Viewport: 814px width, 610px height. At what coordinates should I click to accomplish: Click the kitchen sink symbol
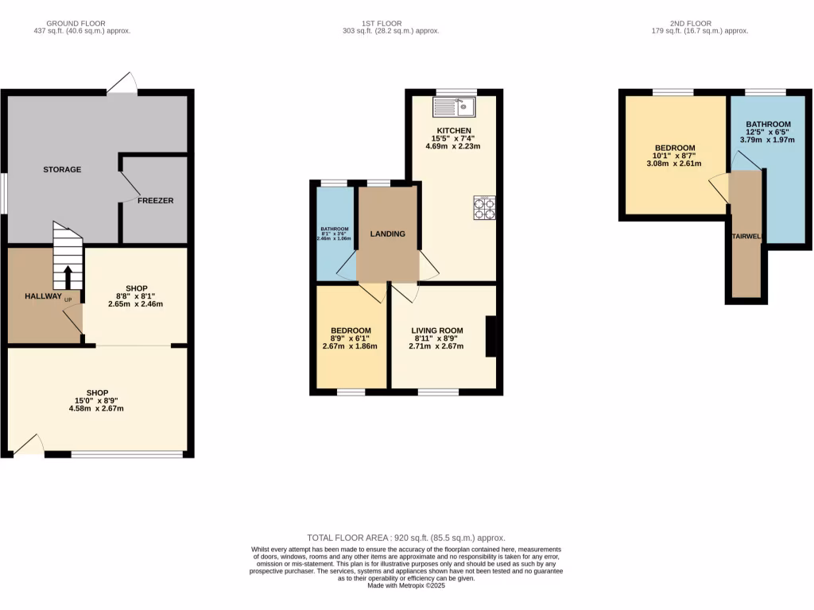(454, 106)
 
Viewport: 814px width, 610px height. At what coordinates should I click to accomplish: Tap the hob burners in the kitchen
(484, 207)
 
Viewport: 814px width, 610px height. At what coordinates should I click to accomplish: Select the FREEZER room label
(155, 200)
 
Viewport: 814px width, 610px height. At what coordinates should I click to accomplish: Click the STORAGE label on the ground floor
(62, 169)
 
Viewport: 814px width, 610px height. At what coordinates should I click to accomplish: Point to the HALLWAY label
(42, 296)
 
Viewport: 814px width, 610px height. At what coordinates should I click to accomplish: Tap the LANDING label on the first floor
(388, 234)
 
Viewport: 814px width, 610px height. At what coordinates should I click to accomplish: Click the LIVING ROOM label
(436, 330)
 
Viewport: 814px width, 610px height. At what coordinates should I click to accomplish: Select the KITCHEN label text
(454, 130)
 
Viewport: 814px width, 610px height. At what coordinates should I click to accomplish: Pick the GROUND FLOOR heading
(76, 23)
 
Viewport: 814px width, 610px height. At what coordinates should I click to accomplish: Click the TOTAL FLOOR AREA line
(406, 538)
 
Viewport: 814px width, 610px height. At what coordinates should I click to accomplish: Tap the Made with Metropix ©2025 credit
(406, 586)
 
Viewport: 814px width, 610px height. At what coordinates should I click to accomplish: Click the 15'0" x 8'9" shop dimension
(97, 400)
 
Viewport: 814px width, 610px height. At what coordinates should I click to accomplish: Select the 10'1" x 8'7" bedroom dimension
(675, 156)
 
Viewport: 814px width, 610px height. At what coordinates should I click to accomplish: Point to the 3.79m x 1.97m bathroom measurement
(768, 142)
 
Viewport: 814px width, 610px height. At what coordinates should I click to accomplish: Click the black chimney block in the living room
(490, 337)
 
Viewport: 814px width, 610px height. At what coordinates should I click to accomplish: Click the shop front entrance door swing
(29, 444)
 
